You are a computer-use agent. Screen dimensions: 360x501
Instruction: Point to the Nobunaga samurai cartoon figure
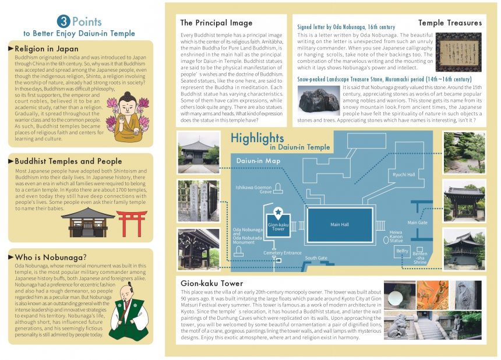tap(129, 313)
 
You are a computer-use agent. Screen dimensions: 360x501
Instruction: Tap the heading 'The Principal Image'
tap(216, 23)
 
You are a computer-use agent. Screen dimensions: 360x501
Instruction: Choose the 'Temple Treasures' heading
tap(450, 23)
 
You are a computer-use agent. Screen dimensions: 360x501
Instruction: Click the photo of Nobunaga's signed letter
tap(458, 52)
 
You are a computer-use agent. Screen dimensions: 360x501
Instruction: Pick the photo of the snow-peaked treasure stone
tap(318, 99)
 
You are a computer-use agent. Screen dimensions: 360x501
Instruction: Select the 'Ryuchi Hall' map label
tap(404, 174)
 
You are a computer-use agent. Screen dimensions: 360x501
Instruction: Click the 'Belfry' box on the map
tap(403, 251)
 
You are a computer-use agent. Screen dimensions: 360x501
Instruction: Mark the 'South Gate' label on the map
tap(316, 258)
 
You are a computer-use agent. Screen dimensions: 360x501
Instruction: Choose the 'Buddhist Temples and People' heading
tap(68, 161)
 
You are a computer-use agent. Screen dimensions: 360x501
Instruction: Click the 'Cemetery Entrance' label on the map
tap(283, 253)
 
